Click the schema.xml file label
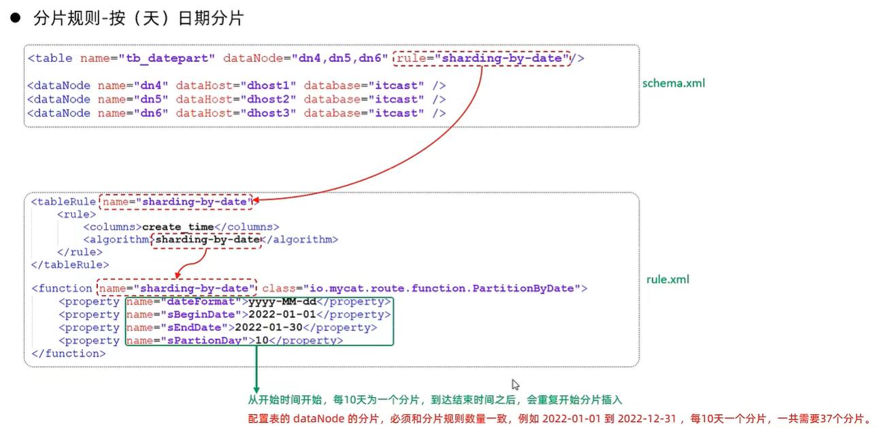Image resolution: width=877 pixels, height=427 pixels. coord(674,84)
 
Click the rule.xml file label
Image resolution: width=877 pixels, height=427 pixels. coord(667,279)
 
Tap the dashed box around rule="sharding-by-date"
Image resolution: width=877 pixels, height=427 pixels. coord(482,58)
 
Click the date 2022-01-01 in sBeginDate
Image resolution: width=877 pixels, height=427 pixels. coord(282,315)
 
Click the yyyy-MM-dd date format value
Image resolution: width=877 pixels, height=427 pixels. coord(282,302)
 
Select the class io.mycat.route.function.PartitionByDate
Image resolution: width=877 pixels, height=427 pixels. coord(442,288)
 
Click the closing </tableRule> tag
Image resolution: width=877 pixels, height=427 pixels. coord(70,264)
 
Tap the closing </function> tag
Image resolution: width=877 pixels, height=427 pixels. coord(69,354)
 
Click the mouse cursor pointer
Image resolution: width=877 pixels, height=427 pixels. coord(515,384)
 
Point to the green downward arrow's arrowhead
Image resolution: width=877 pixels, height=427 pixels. coord(256,387)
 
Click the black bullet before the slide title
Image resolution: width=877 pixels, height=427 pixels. coord(15,18)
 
